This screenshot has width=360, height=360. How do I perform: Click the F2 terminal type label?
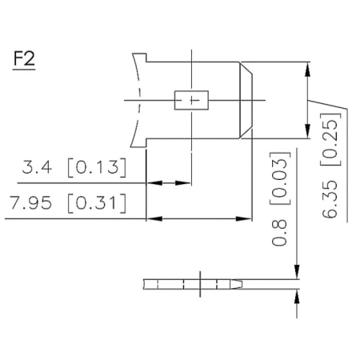(24, 60)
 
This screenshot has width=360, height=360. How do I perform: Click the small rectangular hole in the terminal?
(191, 99)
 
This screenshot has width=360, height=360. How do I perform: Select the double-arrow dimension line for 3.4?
(170, 183)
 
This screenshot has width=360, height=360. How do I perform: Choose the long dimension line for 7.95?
(200, 217)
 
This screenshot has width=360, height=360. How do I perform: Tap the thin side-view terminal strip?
(192, 284)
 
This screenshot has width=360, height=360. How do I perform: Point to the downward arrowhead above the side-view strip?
(297, 272)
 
